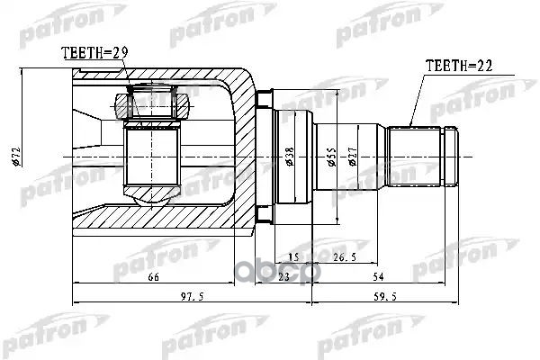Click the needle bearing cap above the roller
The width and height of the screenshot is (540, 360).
pyautogui.click(x=153, y=105)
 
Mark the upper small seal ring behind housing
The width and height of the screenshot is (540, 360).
pyautogui.click(x=264, y=97)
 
